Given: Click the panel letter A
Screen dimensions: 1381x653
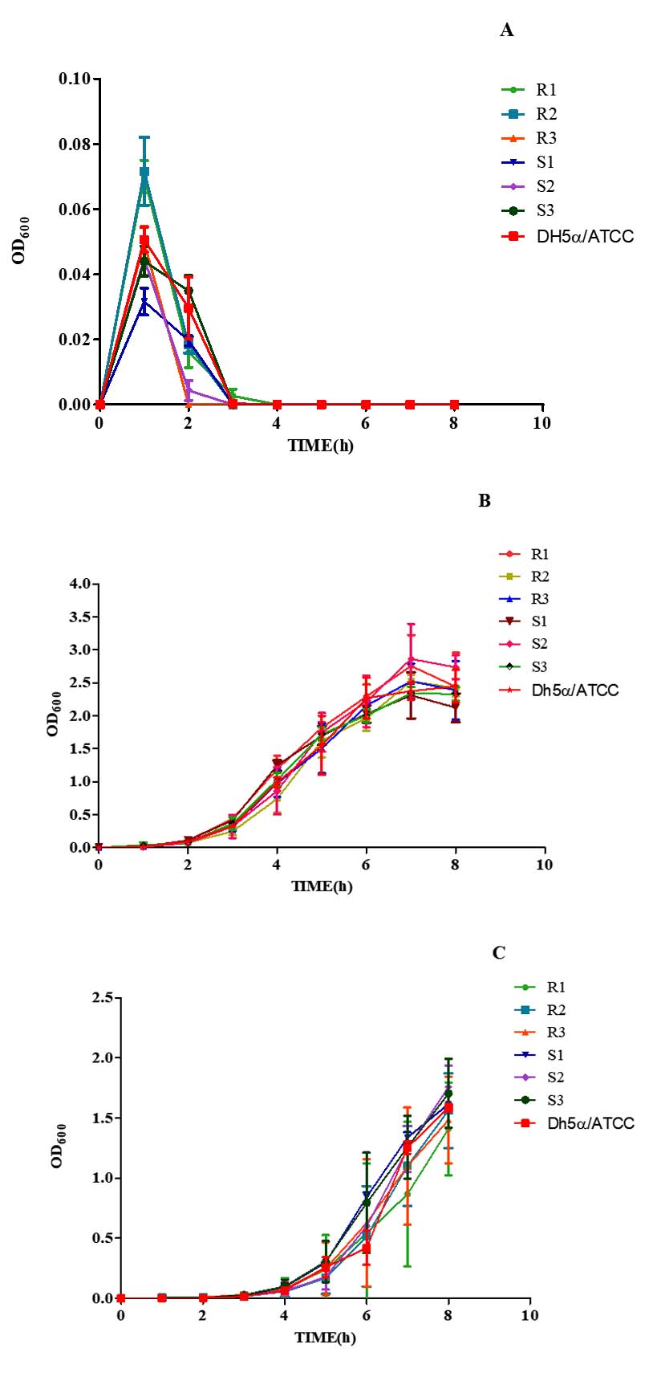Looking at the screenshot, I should pyautogui.click(x=506, y=31).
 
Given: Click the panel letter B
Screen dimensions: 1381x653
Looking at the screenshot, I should pyautogui.click(x=485, y=500).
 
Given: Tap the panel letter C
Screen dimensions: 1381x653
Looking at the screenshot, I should pyautogui.click(x=499, y=952).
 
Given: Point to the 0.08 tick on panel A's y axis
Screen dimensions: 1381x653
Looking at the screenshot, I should pyautogui.click(x=74, y=145).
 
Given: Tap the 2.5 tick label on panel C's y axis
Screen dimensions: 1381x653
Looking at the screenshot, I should pyautogui.click(x=99, y=998).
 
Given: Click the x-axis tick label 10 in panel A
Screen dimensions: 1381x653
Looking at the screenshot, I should pyautogui.click(x=541, y=423).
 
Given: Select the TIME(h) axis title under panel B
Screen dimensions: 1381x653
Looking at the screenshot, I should pyautogui.click(x=322, y=886).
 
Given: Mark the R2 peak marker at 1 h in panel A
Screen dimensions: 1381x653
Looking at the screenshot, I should pyautogui.click(x=144, y=172).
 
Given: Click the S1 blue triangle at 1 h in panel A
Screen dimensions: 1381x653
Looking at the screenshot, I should pyautogui.click(x=144, y=302).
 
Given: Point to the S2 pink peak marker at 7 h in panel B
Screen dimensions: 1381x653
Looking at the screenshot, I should pyautogui.click(x=411, y=659).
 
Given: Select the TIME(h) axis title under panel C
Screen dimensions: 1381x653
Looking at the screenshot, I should pyautogui.click(x=325, y=1337).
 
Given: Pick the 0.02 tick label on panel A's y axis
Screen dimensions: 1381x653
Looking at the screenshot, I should pyautogui.click(x=74, y=340).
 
